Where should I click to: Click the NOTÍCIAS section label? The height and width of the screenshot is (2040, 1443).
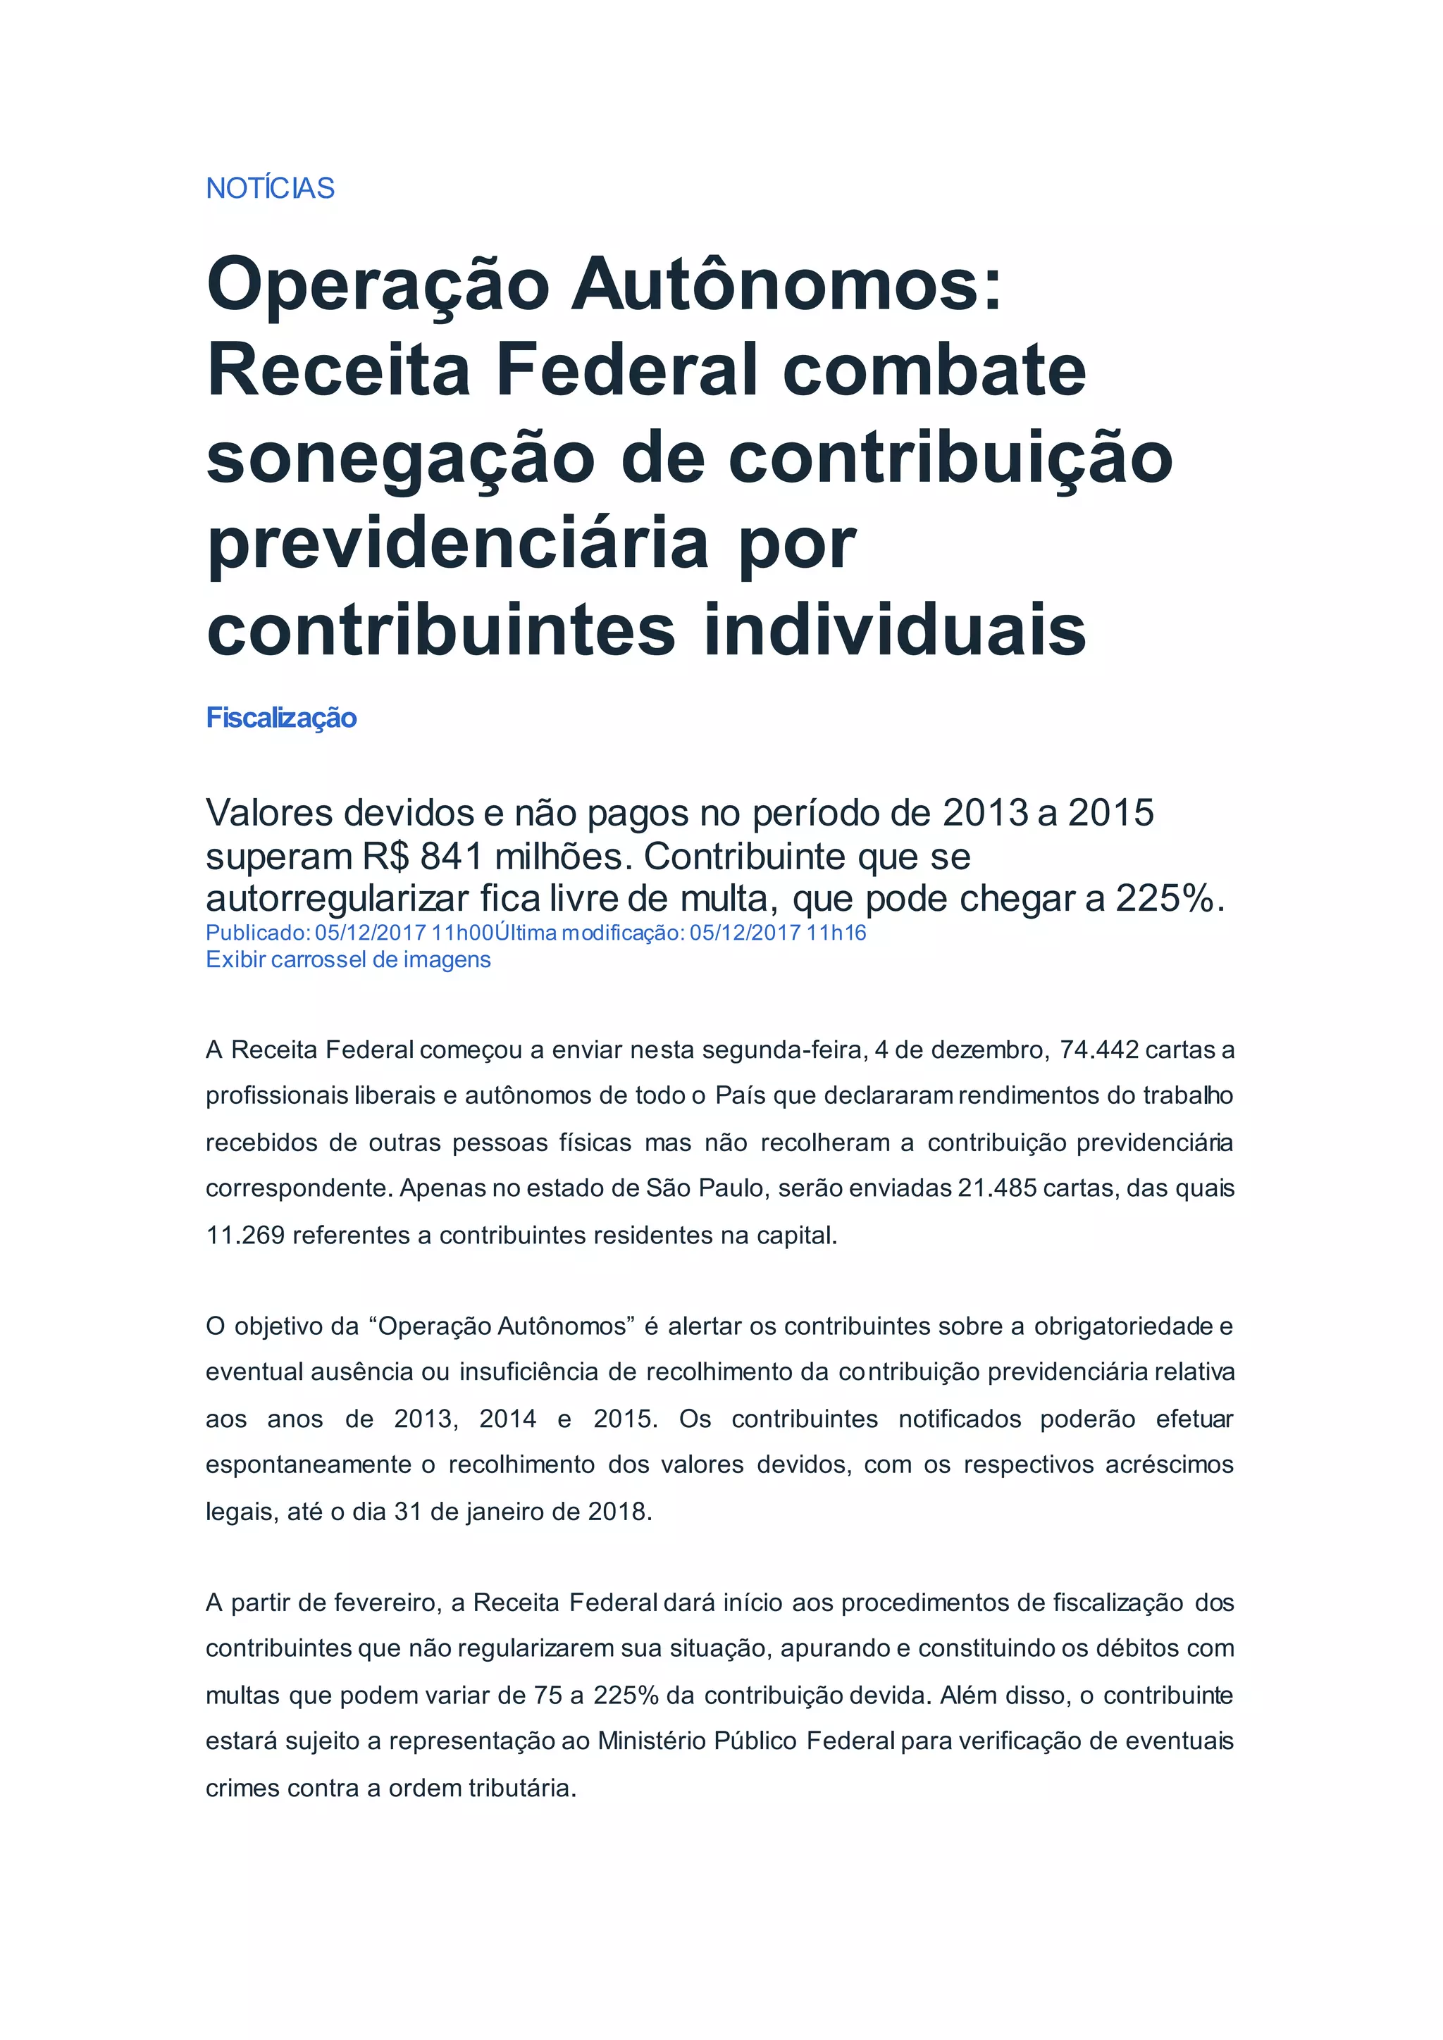(x=270, y=188)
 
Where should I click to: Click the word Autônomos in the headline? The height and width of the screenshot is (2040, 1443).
(x=786, y=285)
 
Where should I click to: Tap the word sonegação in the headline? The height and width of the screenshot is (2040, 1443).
(x=400, y=460)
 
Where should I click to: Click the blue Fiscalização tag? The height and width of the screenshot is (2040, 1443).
(x=281, y=718)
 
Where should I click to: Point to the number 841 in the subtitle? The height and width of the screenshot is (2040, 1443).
(x=452, y=857)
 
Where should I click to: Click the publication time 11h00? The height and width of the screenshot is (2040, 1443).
(x=462, y=933)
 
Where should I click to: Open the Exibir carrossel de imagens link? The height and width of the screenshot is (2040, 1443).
(x=347, y=959)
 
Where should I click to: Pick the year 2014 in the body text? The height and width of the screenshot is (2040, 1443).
(x=507, y=1419)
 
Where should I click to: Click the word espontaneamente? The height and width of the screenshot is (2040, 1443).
(x=307, y=1464)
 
